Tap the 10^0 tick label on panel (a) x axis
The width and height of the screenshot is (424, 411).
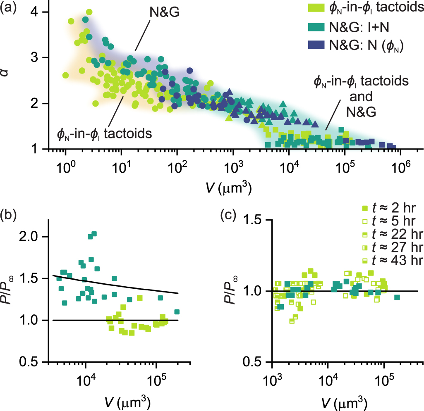tap(65, 169)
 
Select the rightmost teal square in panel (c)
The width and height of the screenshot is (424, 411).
tap(397, 297)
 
